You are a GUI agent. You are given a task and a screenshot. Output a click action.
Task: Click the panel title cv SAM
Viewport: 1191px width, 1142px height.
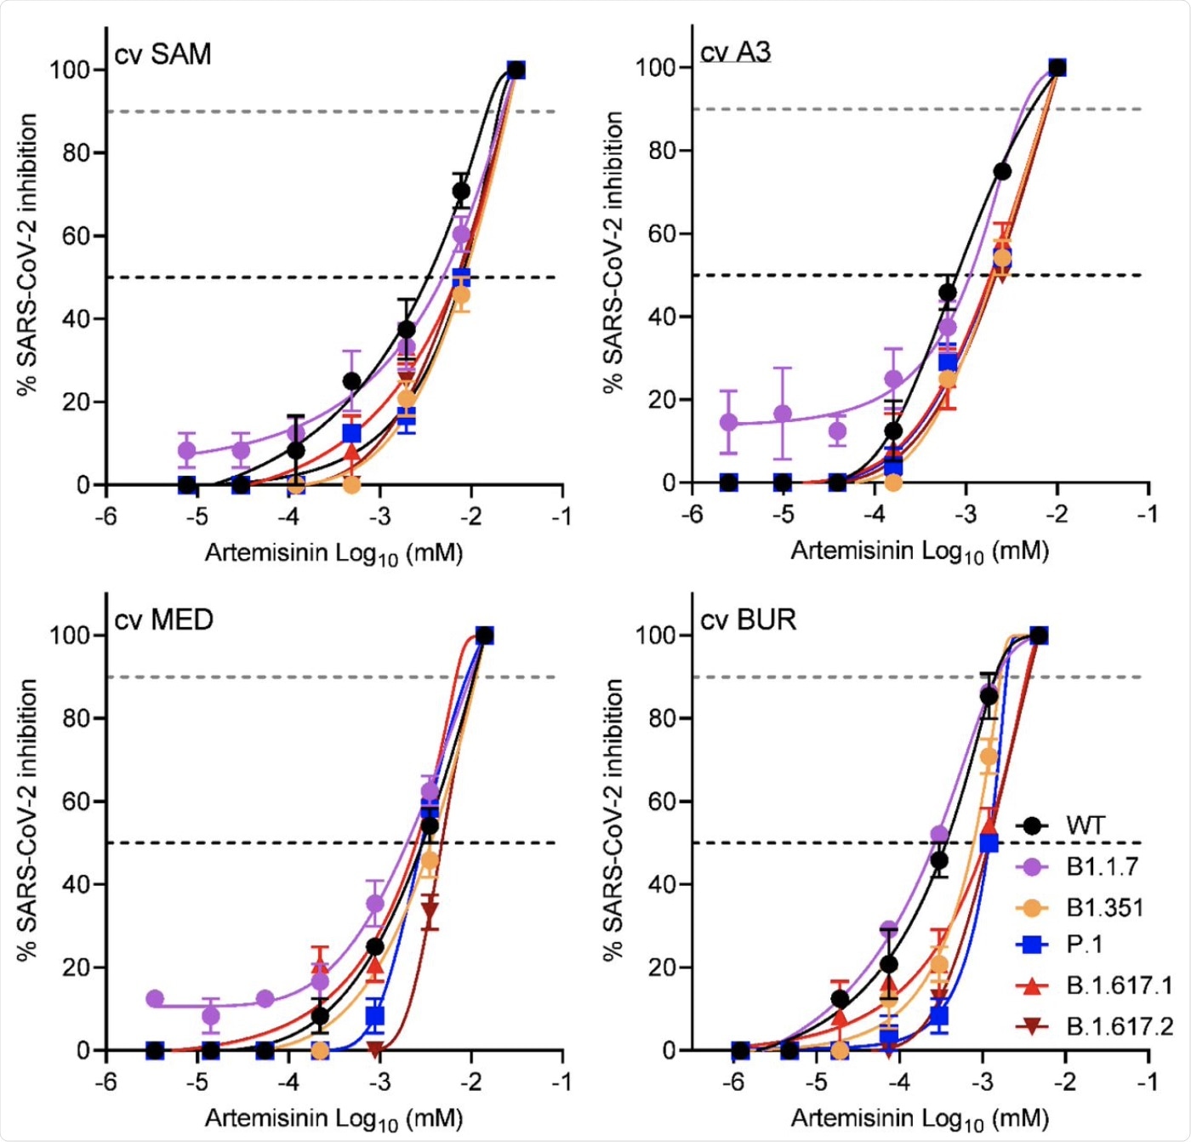[x=162, y=54]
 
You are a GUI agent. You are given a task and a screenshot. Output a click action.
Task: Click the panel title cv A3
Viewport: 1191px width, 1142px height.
[x=735, y=53]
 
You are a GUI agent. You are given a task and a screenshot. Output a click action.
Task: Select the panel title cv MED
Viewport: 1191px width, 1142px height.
[x=163, y=620]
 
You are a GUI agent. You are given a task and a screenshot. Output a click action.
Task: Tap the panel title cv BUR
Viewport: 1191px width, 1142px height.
[x=748, y=620]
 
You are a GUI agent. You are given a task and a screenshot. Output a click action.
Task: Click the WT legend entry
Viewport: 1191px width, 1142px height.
[x=1085, y=825]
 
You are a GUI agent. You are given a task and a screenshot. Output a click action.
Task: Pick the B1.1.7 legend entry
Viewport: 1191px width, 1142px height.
[x=1102, y=866]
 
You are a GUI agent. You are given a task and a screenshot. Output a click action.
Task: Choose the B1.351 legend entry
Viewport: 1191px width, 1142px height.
[x=1104, y=908]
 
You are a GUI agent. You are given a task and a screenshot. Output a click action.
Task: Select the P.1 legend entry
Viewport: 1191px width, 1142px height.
[x=1084, y=945]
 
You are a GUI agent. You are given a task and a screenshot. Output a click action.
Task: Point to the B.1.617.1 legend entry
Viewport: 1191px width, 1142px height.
[x=1119, y=985]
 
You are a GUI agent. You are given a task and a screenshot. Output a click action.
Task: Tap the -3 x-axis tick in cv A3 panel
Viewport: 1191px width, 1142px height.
[x=966, y=515]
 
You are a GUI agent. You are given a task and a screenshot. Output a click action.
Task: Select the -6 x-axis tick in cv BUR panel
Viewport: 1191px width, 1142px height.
[x=733, y=1082]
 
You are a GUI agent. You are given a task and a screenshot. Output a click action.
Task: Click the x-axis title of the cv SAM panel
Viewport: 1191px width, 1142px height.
[x=333, y=554]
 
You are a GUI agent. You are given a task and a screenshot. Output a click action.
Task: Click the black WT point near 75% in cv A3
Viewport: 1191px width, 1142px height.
[x=1002, y=171]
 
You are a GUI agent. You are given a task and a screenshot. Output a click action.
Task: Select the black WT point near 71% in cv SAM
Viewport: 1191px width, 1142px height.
[x=461, y=191]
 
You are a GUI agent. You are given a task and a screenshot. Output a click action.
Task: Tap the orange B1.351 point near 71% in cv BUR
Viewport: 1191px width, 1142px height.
[x=988, y=756]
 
